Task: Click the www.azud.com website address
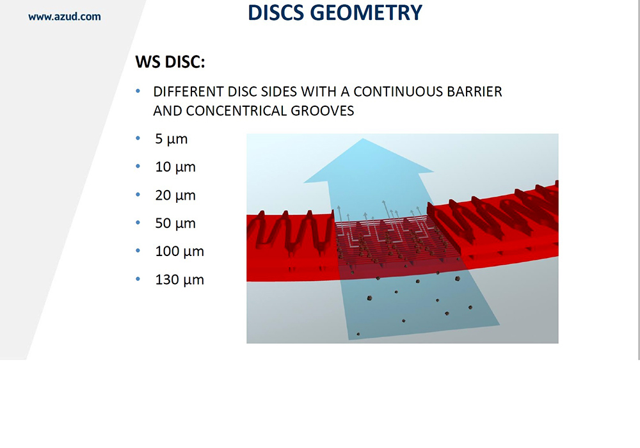[65, 17]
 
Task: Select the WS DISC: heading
[170, 62]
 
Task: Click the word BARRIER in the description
[474, 92]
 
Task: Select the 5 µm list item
[171, 139]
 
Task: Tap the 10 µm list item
[175, 167]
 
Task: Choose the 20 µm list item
[175, 195]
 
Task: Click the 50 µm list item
[175, 223]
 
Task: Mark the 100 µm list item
[179, 252]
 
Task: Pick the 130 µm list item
[179, 280]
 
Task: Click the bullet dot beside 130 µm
[138, 280]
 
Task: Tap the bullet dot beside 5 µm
[138, 138]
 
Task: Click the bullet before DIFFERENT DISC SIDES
[138, 91]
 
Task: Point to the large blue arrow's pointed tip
[363, 139]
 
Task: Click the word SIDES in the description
[279, 92]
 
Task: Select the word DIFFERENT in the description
[188, 92]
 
